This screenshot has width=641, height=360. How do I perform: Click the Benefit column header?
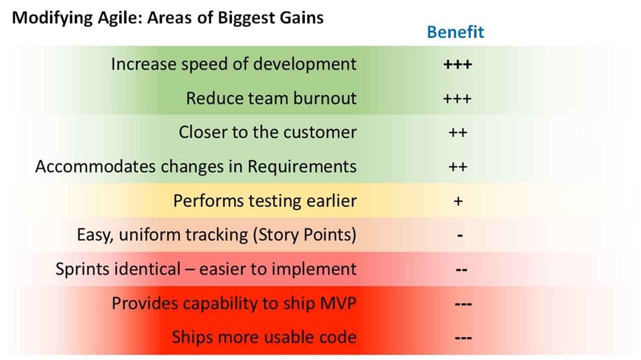[x=455, y=32]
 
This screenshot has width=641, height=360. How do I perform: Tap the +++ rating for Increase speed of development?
[x=457, y=64]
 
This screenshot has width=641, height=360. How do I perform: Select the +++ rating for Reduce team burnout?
[x=457, y=98]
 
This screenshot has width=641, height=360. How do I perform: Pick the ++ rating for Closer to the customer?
[x=458, y=132]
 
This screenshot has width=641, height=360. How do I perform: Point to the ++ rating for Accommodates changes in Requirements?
[x=458, y=166]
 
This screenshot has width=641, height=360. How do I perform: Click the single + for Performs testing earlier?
[x=458, y=201]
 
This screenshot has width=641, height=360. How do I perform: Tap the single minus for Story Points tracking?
[x=459, y=235]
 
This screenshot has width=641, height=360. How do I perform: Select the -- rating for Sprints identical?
[x=461, y=269]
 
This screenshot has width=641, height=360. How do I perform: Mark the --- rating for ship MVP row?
[x=463, y=303]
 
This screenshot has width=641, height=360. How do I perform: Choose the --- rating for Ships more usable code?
[x=463, y=337]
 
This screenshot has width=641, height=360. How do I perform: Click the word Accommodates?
[x=95, y=166]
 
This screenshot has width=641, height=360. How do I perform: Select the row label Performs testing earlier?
[x=264, y=201]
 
